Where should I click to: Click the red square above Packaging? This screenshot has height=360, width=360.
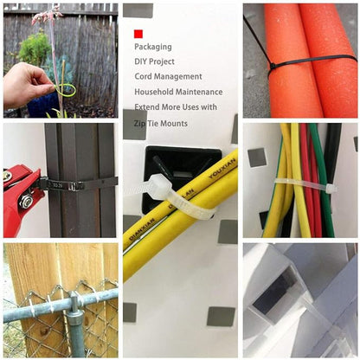point(138,34)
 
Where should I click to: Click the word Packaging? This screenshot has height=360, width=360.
point(153,47)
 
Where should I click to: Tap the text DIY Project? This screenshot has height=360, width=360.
point(154,61)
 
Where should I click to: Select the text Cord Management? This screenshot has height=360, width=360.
point(168,76)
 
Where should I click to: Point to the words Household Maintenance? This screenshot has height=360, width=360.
point(178,92)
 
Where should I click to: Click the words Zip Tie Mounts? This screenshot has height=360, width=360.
point(161,124)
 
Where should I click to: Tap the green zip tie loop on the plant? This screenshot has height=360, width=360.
point(66,89)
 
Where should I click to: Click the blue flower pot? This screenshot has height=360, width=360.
point(42,105)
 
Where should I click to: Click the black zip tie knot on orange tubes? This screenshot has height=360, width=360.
point(273,67)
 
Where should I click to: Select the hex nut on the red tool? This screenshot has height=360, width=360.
point(26,200)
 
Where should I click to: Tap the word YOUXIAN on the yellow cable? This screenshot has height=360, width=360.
point(222,168)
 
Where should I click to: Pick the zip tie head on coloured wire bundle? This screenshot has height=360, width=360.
point(331,189)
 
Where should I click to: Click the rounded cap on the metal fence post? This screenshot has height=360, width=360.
point(74,297)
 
